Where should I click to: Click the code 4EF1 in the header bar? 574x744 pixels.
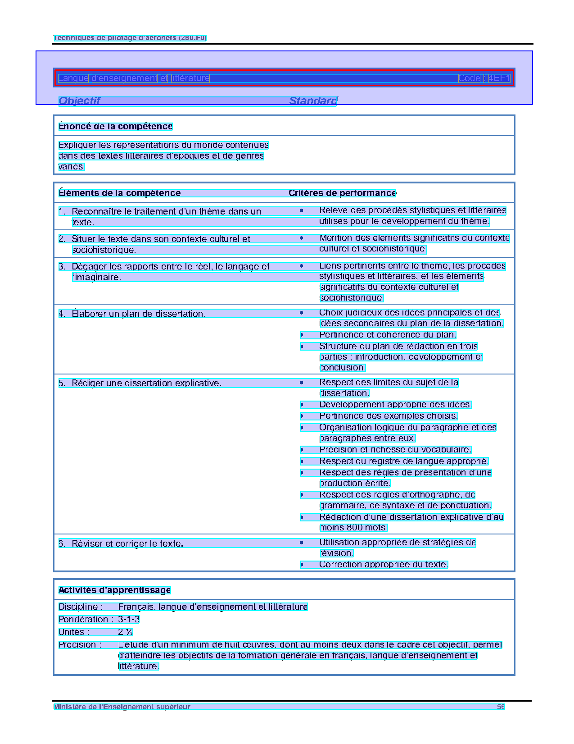(x=499, y=78)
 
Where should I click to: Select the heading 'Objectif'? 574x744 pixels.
(x=79, y=101)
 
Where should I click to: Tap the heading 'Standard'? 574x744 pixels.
(x=313, y=101)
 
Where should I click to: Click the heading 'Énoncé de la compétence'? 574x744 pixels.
(x=116, y=127)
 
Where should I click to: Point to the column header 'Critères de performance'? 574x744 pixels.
(x=342, y=193)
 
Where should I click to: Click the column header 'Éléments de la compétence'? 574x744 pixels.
(x=120, y=193)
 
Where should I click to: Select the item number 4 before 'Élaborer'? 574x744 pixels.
(x=62, y=314)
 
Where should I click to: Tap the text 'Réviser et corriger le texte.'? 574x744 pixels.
(x=127, y=543)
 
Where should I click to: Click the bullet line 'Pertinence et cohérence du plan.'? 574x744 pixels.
(x=388, y=335)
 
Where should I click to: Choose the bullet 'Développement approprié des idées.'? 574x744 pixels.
(x=395, y=405)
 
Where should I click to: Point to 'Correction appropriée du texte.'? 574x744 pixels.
(x=384, y=565)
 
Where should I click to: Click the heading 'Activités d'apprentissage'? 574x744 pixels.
(x=115, y=590)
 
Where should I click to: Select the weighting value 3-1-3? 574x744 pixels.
(x=129, y=620)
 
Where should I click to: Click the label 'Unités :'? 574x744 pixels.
(x=74, y=632)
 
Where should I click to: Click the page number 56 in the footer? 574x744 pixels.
(x=501, y=707)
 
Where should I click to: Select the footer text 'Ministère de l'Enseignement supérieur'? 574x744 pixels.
(x=122, y=707)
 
